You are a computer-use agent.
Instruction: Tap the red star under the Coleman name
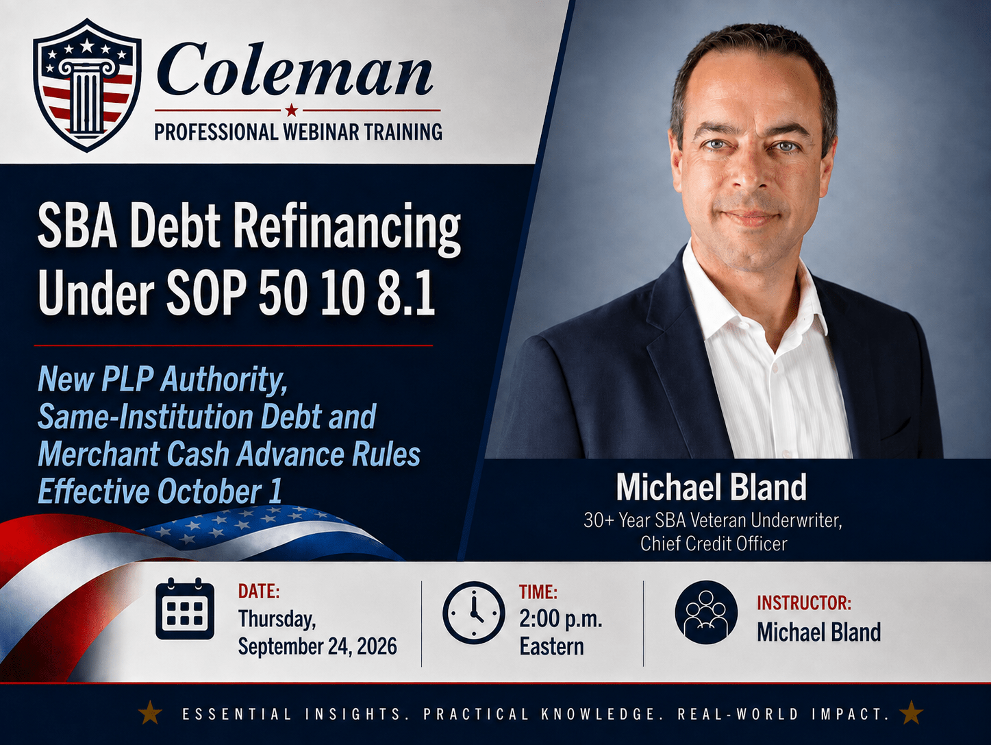292,110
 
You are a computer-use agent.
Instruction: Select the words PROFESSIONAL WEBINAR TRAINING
298,132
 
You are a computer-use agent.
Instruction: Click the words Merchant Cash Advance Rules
229,454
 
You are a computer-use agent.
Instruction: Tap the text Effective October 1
160,491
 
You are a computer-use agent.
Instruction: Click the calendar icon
185,609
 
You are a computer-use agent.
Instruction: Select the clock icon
474,613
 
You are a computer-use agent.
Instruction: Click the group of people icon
706,612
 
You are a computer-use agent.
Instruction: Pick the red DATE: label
259,591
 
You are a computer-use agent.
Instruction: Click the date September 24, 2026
317,647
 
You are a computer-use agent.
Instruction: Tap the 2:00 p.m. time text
561,620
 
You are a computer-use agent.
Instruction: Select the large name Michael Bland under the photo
711,487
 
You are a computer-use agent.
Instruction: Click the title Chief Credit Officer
714,544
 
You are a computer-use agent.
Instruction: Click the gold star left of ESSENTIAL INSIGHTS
151,714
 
